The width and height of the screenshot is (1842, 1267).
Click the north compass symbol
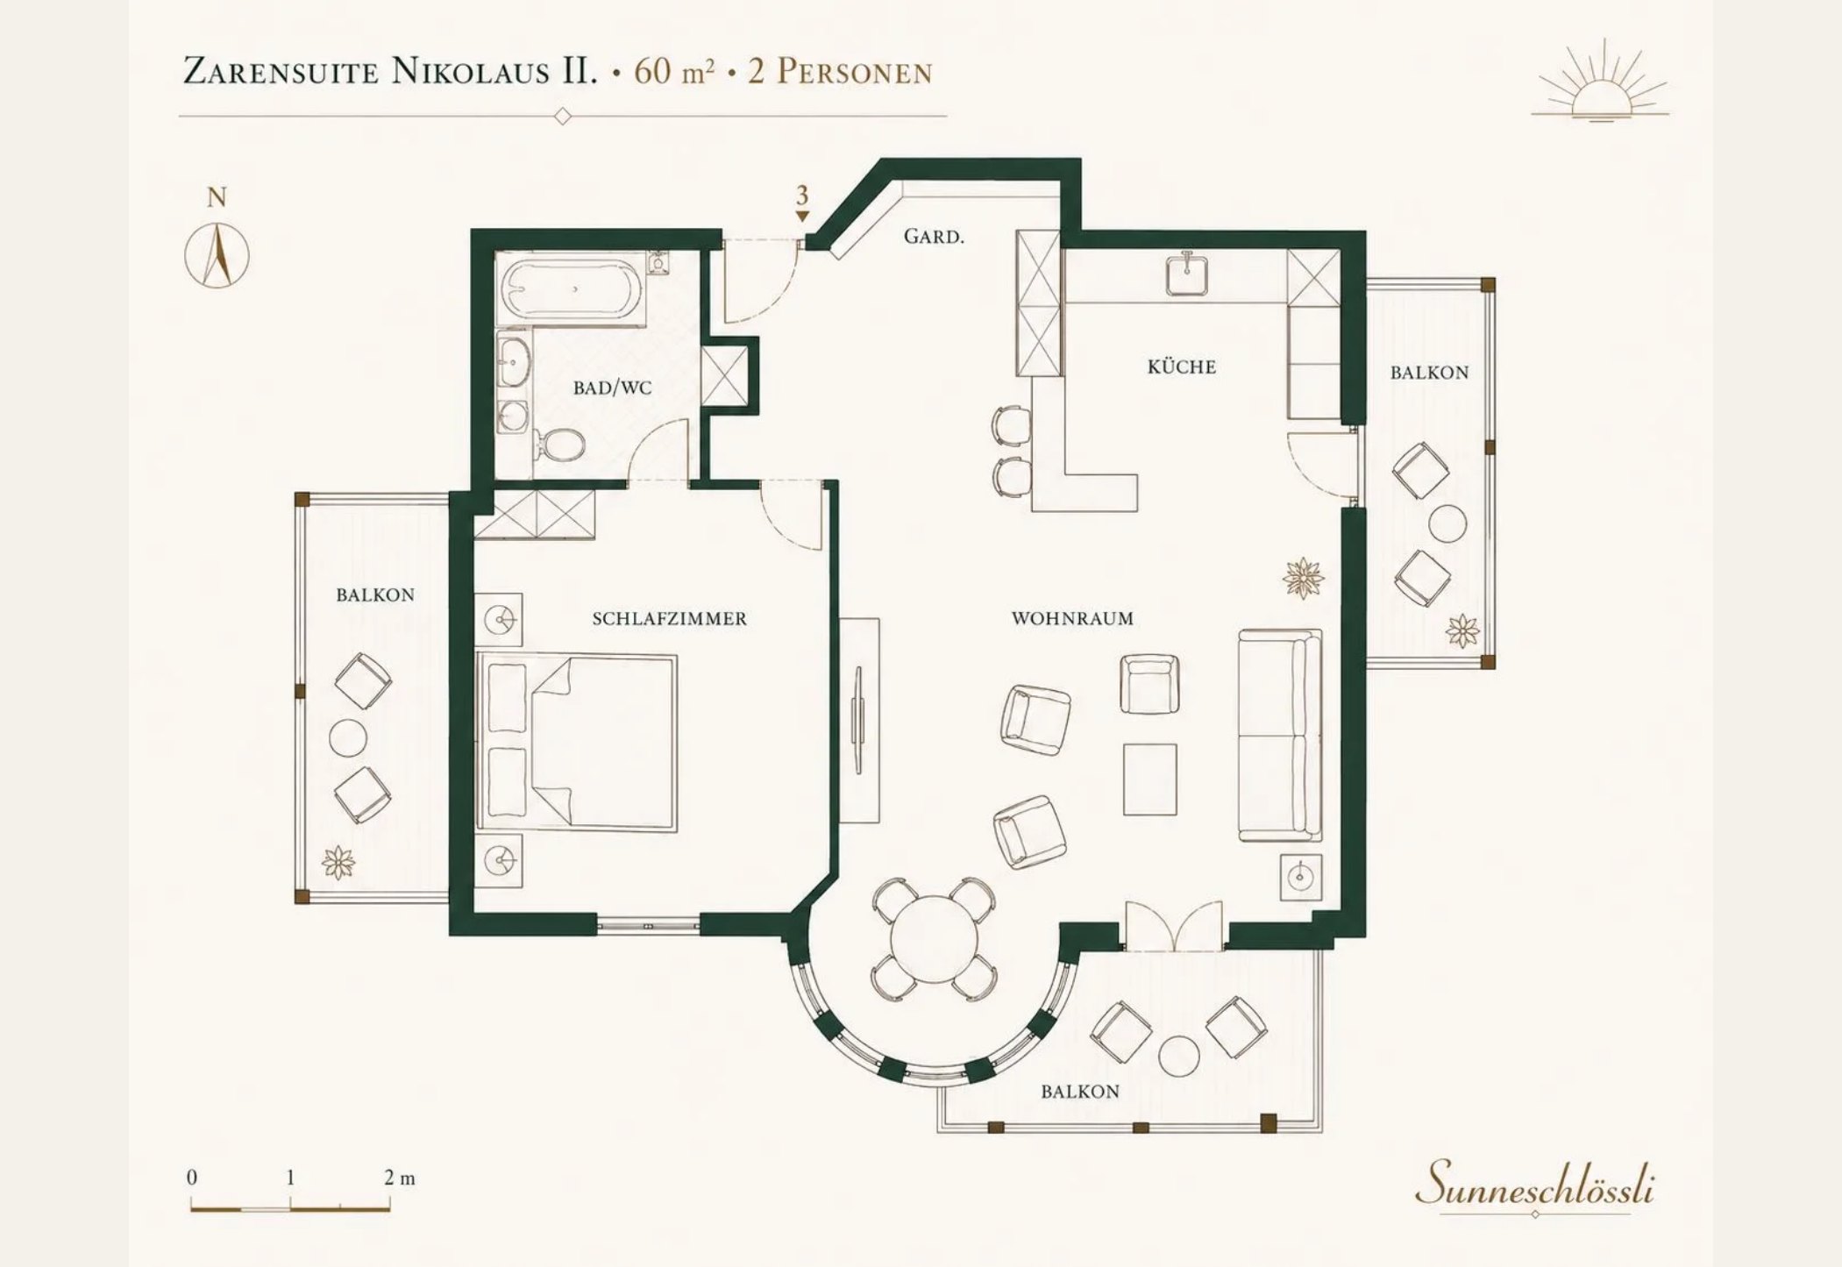[217, 255]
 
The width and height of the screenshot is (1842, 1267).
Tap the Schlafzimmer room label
[670, 619]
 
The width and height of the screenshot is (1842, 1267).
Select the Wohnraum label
[1072, 618]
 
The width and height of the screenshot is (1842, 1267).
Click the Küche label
[1182, 367]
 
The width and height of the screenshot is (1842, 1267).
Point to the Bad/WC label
[612, 388]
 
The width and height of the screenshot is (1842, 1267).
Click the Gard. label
[934, 236]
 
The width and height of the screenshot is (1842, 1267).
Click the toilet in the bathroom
[558, 445]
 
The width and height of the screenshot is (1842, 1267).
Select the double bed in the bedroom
[577, 741]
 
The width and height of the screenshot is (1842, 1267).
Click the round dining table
[934, 938]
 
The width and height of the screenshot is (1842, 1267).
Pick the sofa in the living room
[1280, 735]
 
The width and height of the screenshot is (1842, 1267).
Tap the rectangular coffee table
[1149, 779]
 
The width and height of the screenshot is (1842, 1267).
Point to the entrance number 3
[801, 196]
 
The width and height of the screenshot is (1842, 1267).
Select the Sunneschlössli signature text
[1534, 1184]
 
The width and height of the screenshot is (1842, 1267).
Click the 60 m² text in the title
[673, 71]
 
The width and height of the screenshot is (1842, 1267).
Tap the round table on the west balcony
[348, 738]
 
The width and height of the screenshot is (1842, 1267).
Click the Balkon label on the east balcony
[1429, 373]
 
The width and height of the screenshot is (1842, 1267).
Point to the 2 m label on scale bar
[399, 1178]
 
